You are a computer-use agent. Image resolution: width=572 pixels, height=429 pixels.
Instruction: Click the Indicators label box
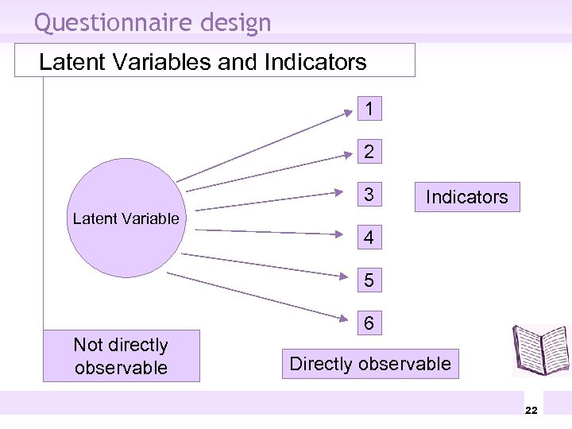click(x=466, y=196)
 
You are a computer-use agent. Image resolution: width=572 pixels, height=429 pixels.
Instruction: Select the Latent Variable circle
click(x=126, y=218)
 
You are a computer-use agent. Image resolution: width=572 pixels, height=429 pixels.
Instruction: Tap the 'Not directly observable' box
click(x=121, y=356)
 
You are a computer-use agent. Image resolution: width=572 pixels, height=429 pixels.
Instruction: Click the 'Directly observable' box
click(x=370, y=364)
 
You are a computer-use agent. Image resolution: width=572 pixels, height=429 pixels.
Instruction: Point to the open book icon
click(x=540, y=350)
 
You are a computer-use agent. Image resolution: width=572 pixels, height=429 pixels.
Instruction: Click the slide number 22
click(x=531, y=409)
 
